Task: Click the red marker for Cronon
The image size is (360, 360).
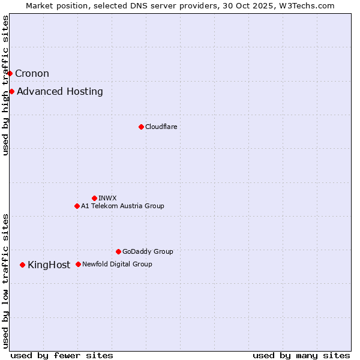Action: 10,73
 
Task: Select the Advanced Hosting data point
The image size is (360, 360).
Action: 11,91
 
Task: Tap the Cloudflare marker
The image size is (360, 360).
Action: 141,127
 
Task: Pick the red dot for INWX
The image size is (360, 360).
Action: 94,198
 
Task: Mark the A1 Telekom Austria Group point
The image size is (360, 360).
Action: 77,206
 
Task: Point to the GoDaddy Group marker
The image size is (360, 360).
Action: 118,251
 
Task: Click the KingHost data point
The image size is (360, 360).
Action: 22,265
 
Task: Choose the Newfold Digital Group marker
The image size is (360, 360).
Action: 78,264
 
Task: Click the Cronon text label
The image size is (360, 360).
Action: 32,74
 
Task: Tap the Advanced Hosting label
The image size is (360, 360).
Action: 60,92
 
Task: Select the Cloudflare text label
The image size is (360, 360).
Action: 161,127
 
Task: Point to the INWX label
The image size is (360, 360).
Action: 107,198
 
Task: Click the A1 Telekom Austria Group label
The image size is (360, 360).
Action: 122,206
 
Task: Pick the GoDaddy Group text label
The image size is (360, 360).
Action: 148,251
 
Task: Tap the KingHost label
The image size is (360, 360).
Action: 49,265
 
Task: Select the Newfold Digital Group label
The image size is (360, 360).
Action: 117,264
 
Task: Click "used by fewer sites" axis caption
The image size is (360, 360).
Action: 62,356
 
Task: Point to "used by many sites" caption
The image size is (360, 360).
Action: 301,356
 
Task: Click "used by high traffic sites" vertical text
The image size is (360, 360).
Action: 5,85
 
